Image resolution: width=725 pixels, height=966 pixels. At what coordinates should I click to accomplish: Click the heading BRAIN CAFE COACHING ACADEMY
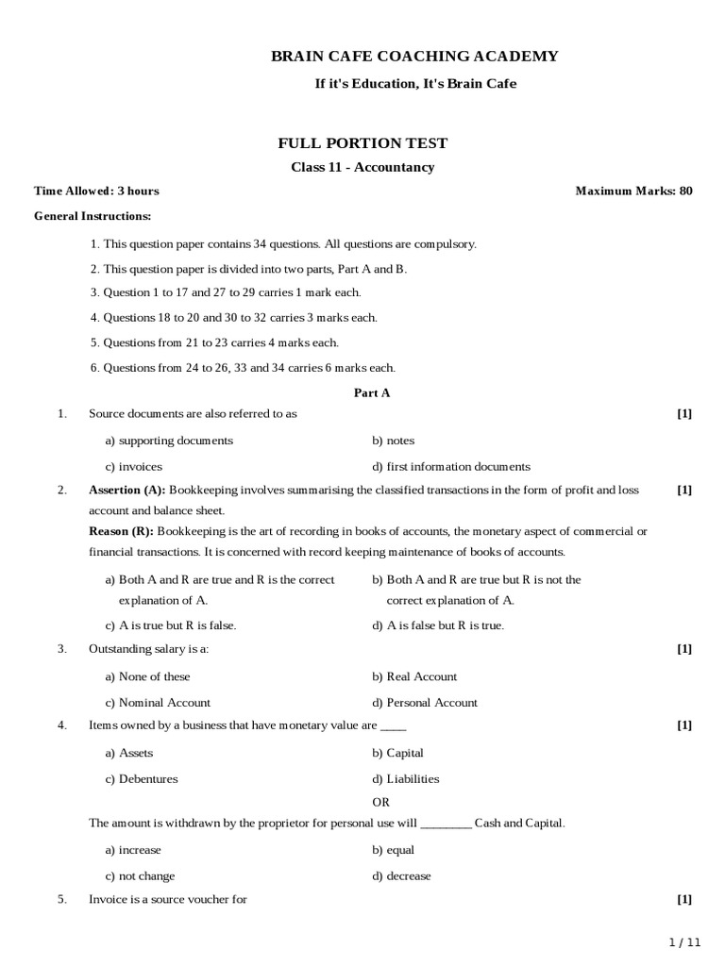[414, 57]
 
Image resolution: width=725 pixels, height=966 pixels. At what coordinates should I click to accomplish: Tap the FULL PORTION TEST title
[362, 143]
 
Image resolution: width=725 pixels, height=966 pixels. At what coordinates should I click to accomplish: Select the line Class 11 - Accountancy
[362, 167]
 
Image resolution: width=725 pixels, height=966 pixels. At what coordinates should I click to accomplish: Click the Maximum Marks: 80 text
[633, 191]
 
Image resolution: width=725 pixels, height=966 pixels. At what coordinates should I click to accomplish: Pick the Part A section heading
[372, 393]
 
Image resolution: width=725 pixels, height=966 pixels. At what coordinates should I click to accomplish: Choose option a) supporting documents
[169, 441]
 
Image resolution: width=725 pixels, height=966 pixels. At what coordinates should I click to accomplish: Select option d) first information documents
[451, 466]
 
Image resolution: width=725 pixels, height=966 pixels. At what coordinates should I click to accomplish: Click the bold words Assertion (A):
[126, 490]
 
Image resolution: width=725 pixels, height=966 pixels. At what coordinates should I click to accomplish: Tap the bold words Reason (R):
[121, 531]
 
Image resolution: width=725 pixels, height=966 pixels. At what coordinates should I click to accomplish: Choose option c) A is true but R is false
[171, 625]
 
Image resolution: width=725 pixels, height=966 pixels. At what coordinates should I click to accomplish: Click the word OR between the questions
[381, 801]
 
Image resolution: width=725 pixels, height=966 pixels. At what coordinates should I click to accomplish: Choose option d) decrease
[401, 876]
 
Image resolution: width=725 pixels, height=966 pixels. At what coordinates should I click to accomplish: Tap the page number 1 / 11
[686, 942]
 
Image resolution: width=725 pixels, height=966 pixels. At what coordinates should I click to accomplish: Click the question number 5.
[61, 899]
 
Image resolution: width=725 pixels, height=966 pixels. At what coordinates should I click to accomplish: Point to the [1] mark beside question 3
[684, 649]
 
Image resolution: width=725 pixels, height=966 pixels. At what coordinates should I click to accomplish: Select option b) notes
[393, 441]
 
